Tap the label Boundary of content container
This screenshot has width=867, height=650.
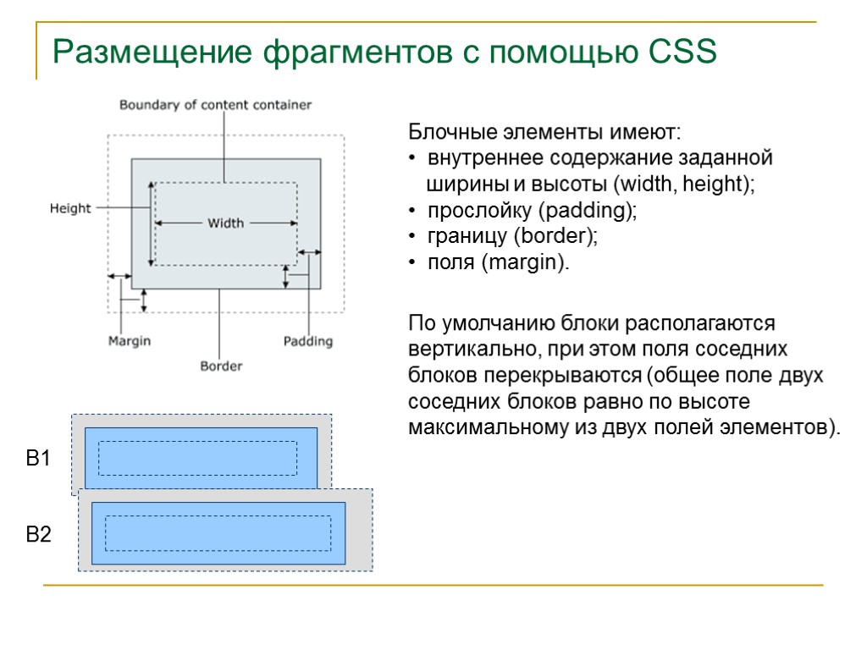pos(215,105)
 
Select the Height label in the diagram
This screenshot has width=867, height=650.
pos(70,208)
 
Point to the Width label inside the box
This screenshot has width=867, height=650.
pos(225,223)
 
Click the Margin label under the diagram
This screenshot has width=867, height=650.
pos(130,340)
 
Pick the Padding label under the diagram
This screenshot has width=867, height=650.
pos(307,341)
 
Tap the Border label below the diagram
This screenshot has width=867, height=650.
pos(221,366)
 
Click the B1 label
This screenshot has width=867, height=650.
pos(39,460)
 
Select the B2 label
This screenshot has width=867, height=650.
pos(39,535)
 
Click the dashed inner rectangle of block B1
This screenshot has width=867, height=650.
pos(198,458)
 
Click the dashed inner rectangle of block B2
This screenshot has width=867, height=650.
pos(218,533)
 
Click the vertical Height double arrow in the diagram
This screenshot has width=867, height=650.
pos(151,224)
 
